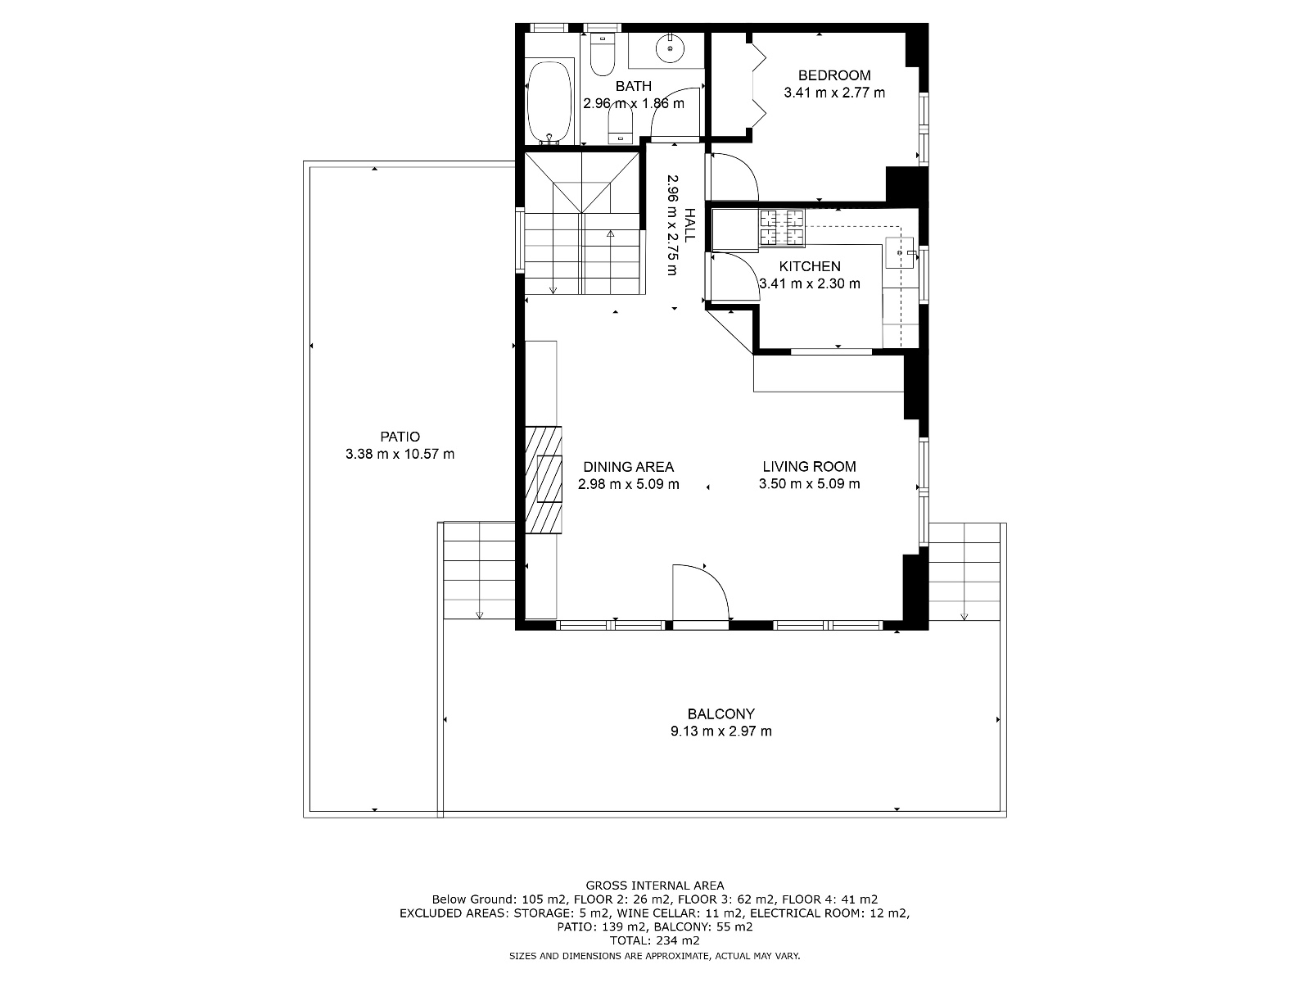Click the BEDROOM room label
tap(833, 75)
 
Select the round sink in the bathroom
tap(670, 48)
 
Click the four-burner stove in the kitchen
tap(781, 228)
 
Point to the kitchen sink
tap(899, 252)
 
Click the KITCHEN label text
tap(809, 266)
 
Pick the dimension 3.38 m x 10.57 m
tap(400, 454)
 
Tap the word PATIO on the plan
tap(400, 437)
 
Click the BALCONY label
tap(721, 713)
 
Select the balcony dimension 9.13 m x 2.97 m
tap(721, 732)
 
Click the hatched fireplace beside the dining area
tap(543, 479)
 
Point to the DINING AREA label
tap(629, 467)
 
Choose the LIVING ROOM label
tap(809, 466)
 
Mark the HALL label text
tap(690, 225)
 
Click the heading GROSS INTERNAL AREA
tap(655, 886)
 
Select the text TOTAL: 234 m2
tap(655, 940)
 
